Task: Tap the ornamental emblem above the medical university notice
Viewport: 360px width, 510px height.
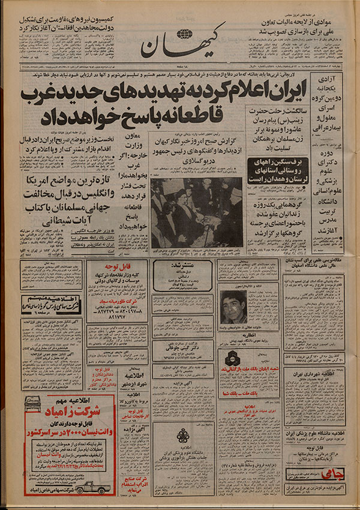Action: pos(184,434)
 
